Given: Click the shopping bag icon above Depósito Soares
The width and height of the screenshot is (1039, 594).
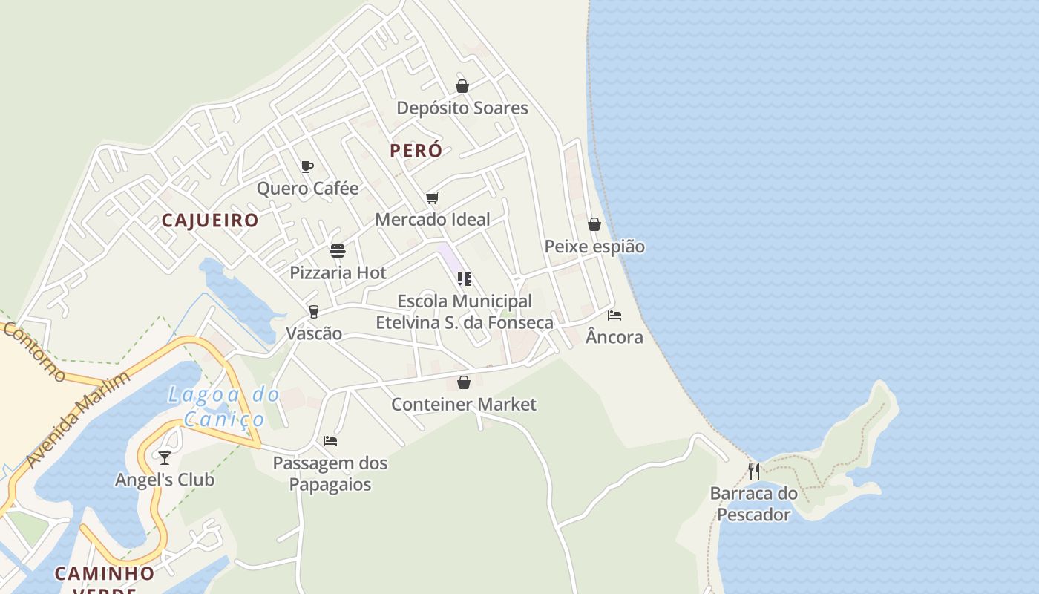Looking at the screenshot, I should coord(462,86).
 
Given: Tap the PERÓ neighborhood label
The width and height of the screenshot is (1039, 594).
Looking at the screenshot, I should coord(416,150).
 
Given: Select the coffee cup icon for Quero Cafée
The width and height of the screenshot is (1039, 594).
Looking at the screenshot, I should coord(307,166).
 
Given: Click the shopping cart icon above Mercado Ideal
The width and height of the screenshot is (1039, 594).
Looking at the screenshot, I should coord(433,198).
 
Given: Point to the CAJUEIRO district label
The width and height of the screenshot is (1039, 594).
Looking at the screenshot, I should coord(210,221).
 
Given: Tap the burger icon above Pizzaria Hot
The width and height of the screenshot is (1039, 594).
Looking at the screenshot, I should coord(338,251).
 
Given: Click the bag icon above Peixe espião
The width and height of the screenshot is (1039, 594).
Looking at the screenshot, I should coord(594,224).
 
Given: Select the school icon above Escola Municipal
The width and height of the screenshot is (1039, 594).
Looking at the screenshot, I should coord(465,279).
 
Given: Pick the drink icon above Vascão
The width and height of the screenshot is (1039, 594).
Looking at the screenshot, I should coord(314,311).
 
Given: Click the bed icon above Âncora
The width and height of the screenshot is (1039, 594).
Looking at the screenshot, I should coord(614,315).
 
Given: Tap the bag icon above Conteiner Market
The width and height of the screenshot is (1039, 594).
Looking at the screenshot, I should coord(464,382).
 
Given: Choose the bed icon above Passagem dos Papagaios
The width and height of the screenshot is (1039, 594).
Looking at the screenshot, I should coord(330,441).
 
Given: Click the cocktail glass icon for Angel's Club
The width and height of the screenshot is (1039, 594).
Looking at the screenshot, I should coord(165,457).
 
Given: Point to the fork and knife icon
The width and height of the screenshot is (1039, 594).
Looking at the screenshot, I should coord(754,471).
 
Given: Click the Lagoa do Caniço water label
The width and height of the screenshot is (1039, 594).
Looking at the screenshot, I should coord(223,406).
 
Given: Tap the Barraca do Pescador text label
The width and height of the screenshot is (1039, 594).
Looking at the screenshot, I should coord(754,503).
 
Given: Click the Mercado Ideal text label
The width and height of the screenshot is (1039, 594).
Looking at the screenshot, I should coord(433,219).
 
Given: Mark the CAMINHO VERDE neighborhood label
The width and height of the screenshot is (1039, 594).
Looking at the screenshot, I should coord(105,579).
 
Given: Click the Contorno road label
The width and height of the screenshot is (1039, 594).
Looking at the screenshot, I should coord(35,352).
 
